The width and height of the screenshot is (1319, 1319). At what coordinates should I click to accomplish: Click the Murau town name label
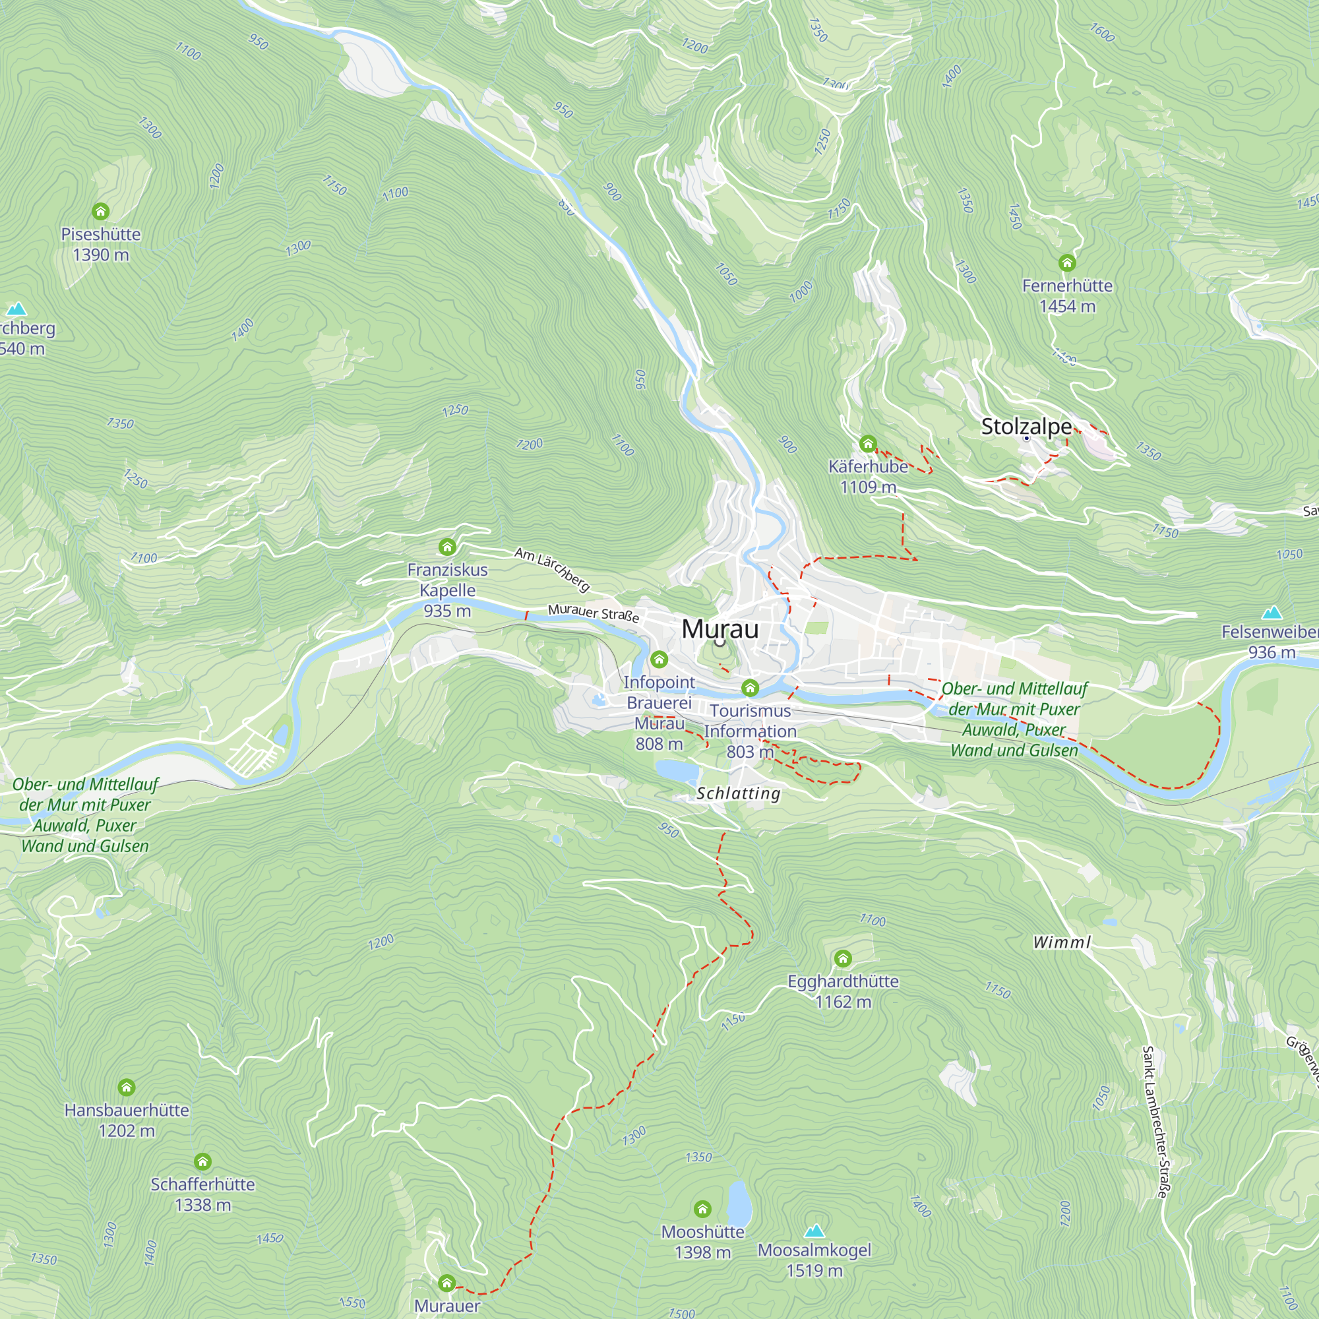720,629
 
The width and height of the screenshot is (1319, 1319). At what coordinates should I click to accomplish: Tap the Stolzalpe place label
1026,426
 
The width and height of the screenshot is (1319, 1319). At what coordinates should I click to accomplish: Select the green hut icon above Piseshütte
100,211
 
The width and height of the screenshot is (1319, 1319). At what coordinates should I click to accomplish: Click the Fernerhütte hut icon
1066,263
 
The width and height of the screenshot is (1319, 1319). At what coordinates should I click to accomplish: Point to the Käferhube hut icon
867,445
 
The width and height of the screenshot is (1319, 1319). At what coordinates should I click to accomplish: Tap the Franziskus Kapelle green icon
447,547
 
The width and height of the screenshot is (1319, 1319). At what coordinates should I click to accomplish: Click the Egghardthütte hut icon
842,958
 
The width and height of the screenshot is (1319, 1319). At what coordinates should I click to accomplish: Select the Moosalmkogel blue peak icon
814,1230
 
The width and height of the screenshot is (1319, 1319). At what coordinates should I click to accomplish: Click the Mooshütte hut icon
702,1210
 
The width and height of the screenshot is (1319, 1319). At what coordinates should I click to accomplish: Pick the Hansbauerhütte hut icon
127,1087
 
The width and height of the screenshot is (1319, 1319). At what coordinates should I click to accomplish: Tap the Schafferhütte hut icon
202,1161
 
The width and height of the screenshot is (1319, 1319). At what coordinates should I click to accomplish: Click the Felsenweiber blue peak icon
1272,612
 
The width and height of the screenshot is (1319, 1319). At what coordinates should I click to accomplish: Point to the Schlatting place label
738,793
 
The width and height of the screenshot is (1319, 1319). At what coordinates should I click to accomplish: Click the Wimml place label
1062,942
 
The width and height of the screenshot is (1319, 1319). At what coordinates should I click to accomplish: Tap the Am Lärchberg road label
551,568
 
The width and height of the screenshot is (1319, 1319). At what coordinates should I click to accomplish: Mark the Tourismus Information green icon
750,687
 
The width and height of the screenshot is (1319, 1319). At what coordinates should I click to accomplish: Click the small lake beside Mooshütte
739,1203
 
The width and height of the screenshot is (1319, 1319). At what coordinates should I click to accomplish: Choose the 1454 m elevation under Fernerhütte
1066,307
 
